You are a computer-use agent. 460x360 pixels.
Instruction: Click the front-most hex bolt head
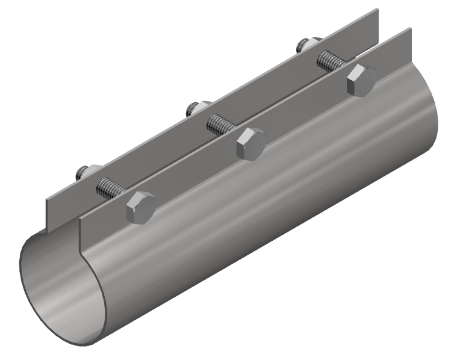[x=140, y=208]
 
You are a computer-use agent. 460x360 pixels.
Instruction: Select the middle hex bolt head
[x=250, y=144]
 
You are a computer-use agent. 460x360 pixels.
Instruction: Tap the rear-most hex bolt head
[x=361, y=80]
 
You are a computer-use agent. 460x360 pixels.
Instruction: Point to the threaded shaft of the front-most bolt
[x=110, y=188]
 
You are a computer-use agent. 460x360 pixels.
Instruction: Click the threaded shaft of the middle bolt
[x=221, y=125]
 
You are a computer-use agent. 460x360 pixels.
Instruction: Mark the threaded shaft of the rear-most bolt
[x=332, y=61]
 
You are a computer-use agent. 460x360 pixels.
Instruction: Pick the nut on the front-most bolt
[x=84, y=173]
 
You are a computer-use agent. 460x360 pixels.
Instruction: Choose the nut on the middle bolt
[x=194, y=109]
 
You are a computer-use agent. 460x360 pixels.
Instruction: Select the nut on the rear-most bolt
[x=305, y=45]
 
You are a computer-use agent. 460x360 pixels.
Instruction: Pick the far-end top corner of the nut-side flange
[x=377, y=10]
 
